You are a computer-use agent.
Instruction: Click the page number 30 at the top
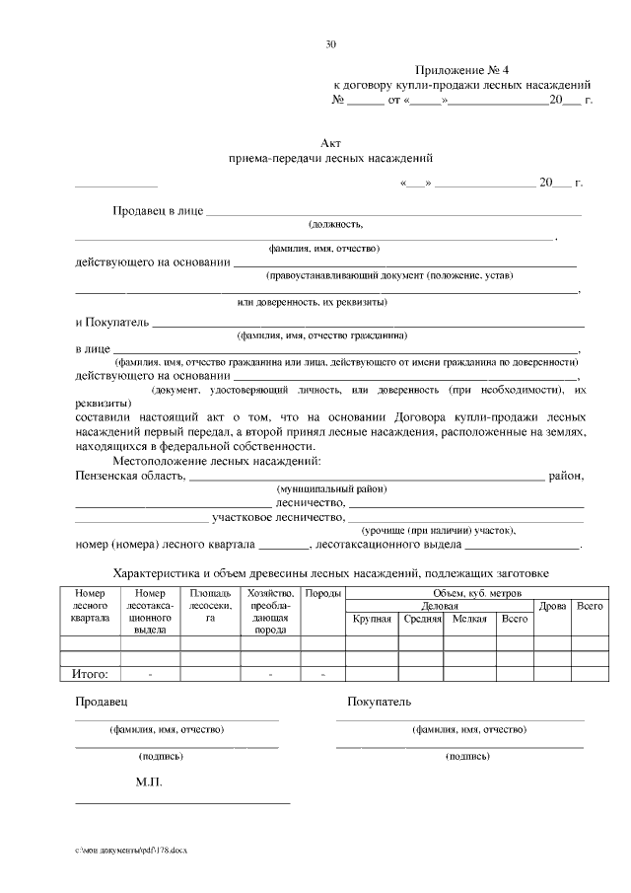tap(330, 43)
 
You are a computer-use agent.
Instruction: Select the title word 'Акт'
tap(330, 143)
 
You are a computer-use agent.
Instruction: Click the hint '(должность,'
tap(335, 226)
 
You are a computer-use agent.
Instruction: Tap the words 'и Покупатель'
tap(112, 322)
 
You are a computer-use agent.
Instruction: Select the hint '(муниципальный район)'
tap(331, 489)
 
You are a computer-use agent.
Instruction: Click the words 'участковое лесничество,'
tap(279, 516)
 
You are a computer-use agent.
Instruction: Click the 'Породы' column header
tap(322, 593)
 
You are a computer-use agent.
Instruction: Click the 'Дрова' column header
tap(552, 605)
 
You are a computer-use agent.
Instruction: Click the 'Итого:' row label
tap(91, 674)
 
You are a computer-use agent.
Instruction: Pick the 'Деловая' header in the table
tap(439, 605)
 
